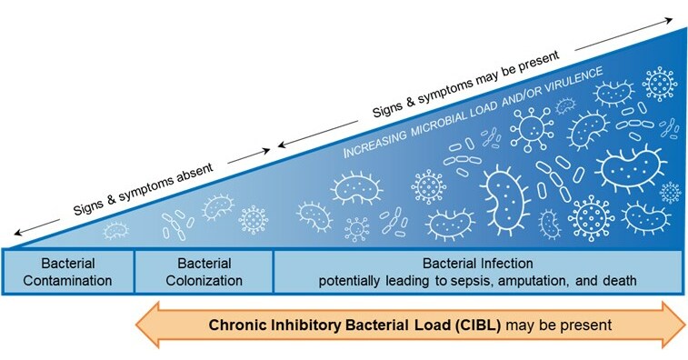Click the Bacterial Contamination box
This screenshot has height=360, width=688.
pyautogui.click(x=68, y=270)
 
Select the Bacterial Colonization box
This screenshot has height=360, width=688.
pyautogui.click(x=204, y=270)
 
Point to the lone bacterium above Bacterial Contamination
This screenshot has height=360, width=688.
pyautogui.click(x=115, y=231)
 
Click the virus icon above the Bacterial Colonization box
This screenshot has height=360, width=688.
pyautogui.click(x=253, y=219)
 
